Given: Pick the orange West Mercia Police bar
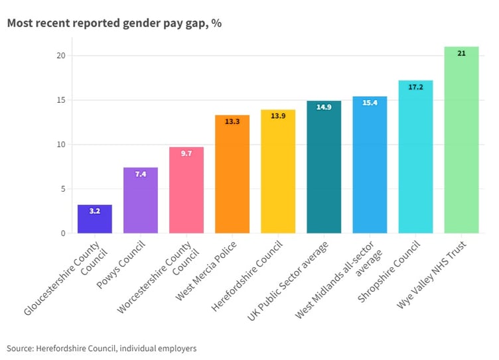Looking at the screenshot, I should pos(232,175).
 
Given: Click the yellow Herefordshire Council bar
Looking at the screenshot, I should pos(278,172).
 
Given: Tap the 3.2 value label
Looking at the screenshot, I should pos(95,211).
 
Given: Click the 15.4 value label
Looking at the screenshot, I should pos(370,103).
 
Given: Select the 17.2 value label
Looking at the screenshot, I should pos(415,87).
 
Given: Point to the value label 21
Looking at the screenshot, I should pos(461,53).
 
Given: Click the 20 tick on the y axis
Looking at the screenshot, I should pos(60,56).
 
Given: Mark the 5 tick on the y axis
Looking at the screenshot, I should pos(62,189).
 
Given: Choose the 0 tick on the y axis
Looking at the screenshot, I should pos(62,233).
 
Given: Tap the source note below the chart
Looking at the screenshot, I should pos(102,347).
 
